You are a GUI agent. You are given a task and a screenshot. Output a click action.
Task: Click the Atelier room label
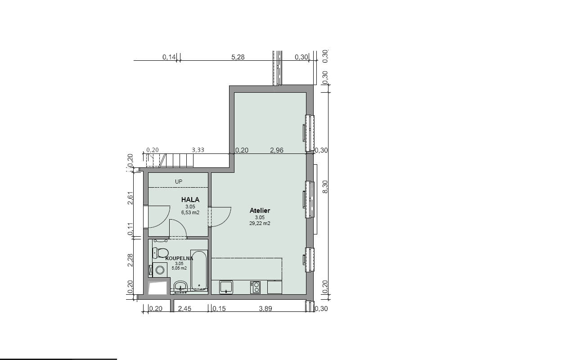[260, 211]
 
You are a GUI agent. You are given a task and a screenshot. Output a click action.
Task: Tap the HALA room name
[190, 200]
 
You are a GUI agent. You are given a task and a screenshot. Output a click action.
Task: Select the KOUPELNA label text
[179, 258]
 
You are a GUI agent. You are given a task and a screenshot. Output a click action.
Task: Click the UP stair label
[179, 182]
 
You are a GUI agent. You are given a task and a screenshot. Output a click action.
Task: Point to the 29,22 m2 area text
[260, 224]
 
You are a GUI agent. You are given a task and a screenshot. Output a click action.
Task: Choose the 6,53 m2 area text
[190, 213]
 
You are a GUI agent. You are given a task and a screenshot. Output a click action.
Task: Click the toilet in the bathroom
[161, 253]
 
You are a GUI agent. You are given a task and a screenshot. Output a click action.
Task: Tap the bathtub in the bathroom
[199, 270]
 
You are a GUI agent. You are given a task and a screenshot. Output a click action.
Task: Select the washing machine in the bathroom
[160, 270]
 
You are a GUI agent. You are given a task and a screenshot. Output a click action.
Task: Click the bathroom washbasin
[181, 286]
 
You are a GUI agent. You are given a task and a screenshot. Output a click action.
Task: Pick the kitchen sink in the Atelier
[226, 287]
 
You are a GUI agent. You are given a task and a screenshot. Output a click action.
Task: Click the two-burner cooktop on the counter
[255, 288]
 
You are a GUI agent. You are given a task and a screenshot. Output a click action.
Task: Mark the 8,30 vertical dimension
[325, 187]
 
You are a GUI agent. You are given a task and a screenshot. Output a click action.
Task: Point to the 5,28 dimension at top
[238, 57]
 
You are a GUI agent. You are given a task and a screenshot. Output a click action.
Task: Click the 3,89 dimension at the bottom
[265, 308]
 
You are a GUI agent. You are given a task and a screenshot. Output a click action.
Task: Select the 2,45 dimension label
[184, 308]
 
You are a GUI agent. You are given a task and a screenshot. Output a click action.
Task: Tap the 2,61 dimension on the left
[130, 198]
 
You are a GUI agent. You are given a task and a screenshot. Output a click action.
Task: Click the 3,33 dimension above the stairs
[198, 150]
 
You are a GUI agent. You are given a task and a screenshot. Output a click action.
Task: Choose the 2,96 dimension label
[277, 150]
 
